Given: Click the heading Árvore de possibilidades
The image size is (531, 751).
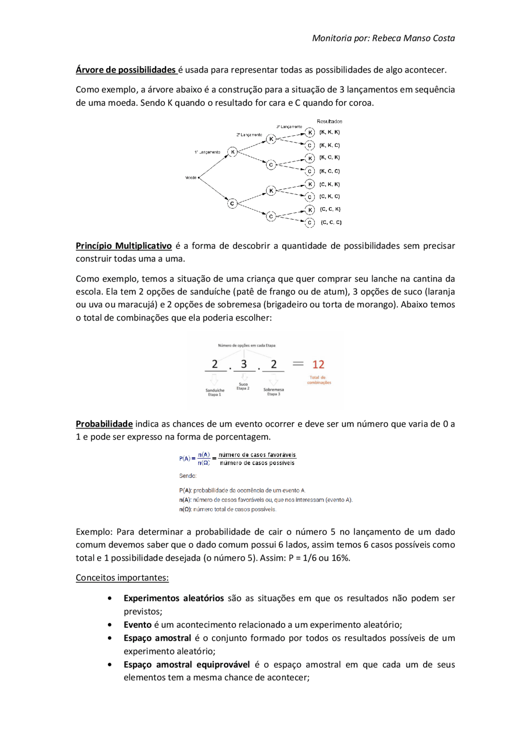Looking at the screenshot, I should [x=126, y=70].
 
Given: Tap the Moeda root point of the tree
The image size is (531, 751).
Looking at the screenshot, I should [x=199, y=177].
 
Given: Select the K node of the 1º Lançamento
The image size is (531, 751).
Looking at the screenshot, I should [x=233, y=152].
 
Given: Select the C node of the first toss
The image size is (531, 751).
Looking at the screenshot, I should [x=232, y=203].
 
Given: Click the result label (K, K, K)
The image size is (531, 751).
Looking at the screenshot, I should [x=329, y=132].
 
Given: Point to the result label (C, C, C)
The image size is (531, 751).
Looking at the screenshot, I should [x=331, y=223].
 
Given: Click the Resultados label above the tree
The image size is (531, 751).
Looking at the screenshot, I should [x=329, y=122].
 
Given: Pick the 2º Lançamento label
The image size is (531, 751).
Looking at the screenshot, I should [x=249, y=135].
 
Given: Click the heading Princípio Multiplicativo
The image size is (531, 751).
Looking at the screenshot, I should [x=124, y=246].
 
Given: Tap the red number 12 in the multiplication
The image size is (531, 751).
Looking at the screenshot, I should [x=318, y=365].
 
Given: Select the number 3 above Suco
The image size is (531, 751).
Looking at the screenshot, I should [x=244, y=364].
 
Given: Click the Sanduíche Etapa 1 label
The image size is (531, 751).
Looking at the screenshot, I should [x=215, y=392].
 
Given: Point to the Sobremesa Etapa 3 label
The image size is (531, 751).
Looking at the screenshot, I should [x=273, y=391].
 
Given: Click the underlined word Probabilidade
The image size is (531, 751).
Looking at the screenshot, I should [x=104, y=424].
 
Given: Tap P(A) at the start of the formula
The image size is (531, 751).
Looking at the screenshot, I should [x=185, y=459].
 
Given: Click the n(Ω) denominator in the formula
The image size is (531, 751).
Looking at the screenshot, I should [x=204, y=463].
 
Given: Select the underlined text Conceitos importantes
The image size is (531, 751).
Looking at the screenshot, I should [x=122, y=578].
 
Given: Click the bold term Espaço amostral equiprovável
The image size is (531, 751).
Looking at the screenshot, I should [x=187, y=665].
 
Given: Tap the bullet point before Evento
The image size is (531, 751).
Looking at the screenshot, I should [x=110, y=625].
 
